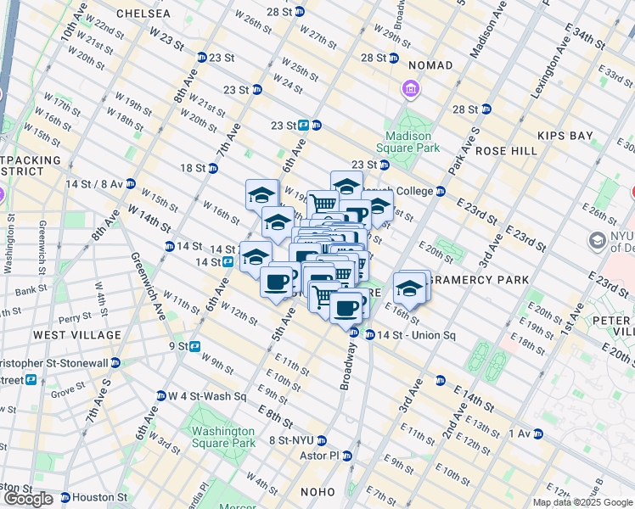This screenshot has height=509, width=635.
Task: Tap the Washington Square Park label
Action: click(x=223, y=437)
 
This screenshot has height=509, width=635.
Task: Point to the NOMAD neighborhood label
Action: click(x=430, y=65)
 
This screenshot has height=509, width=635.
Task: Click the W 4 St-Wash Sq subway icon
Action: click(x=161, y=395)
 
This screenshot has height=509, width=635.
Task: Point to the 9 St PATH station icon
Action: click(x=194, y=346)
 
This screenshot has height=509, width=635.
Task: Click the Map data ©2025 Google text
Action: click(x=582, y=502)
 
